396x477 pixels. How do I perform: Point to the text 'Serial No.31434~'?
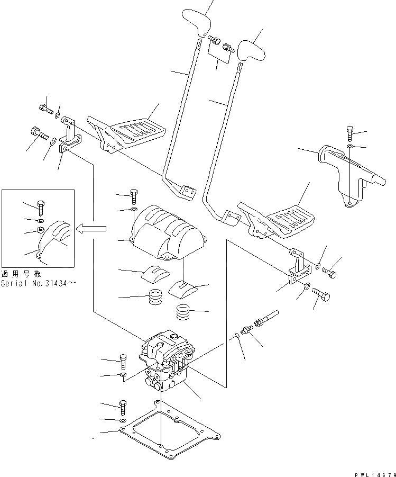[x=39, y=283]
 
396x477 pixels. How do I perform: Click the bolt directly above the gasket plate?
[x=123, y=407]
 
